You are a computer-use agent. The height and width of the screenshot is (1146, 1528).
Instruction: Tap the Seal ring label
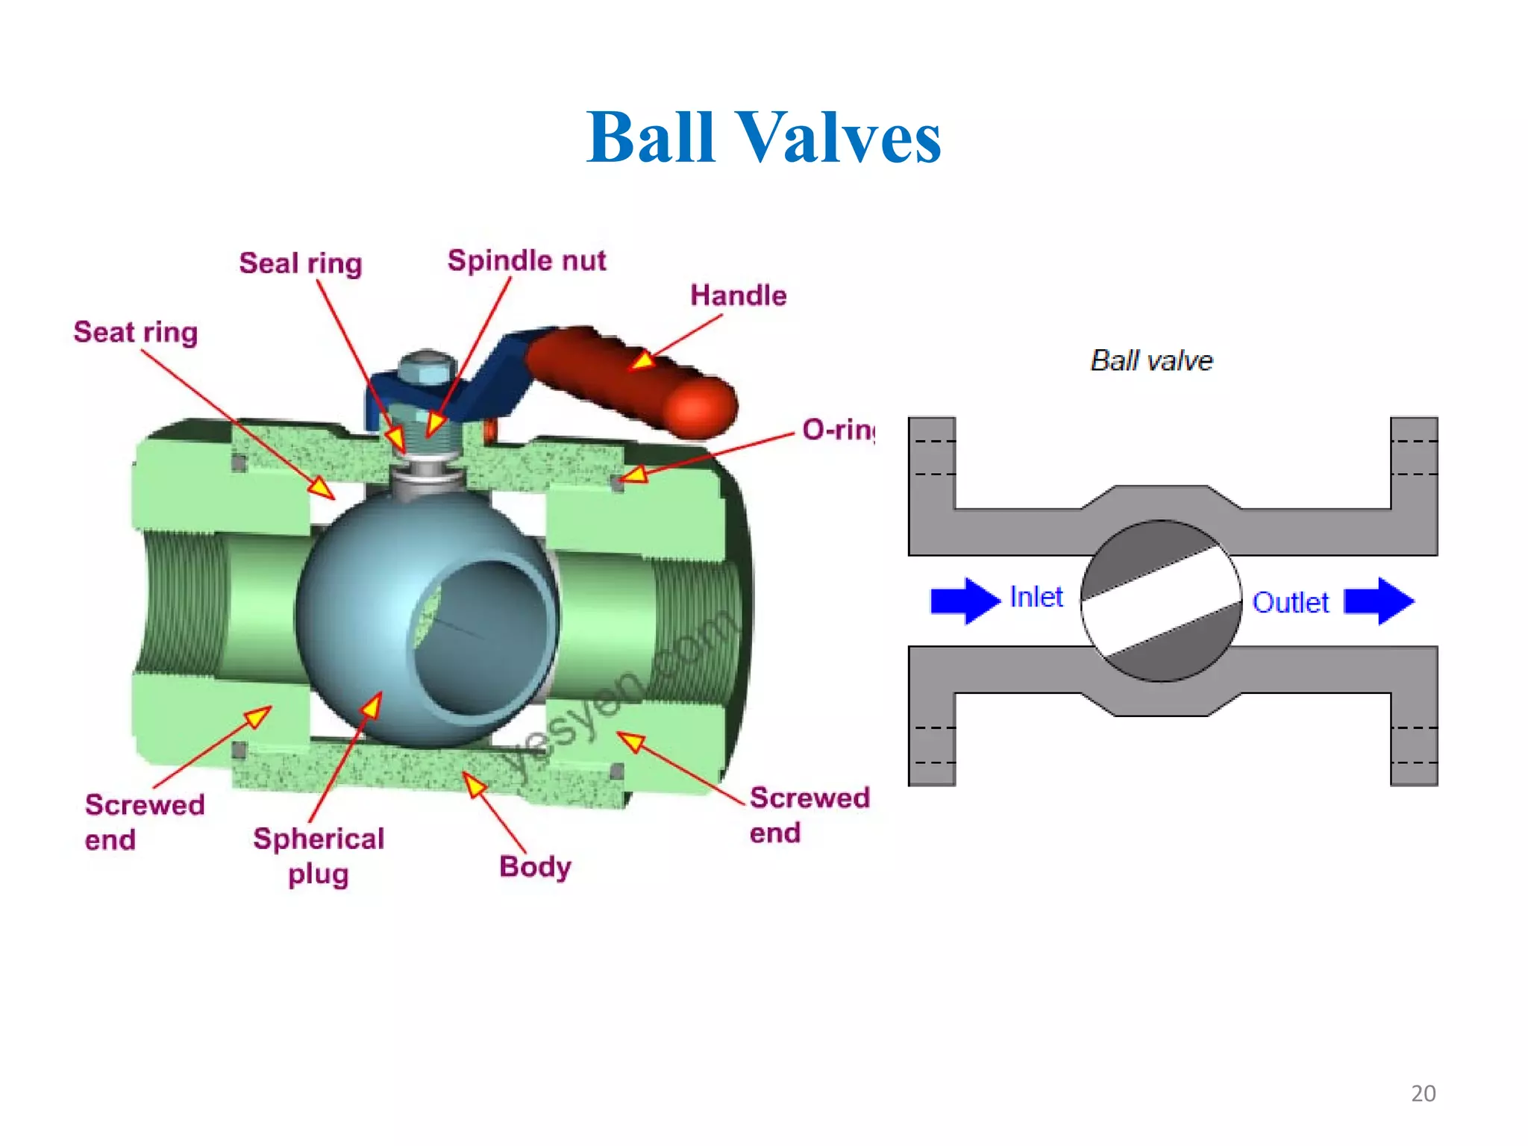(300, 263)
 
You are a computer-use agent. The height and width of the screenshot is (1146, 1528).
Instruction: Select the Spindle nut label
(526, 260)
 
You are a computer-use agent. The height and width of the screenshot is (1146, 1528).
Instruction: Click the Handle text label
(737, 295)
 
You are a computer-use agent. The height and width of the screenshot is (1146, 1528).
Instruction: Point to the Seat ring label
(136, 332)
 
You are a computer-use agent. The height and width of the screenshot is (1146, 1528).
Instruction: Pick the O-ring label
(837, 430)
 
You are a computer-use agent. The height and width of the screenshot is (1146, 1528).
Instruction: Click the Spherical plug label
(319, 856)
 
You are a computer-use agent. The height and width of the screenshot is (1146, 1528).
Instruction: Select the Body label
(535, 866)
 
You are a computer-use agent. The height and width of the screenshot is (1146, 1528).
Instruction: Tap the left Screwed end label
(143, 821)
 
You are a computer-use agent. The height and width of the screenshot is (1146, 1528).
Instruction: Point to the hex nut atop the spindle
(426, 369)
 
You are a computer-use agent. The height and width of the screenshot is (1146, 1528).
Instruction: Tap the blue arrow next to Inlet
(964, 600)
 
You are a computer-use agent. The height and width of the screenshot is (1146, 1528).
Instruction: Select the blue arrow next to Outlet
(1379, 601)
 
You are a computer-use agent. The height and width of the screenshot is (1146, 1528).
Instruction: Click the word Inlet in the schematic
(1036, 597)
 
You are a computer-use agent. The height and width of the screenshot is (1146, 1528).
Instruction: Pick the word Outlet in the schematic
(1290, 602)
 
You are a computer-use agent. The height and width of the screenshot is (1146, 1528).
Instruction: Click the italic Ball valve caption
(1151, 360)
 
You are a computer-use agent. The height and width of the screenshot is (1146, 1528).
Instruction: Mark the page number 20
(1423, 1093)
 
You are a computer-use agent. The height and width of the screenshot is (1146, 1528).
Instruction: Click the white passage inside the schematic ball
(1161, 601)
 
